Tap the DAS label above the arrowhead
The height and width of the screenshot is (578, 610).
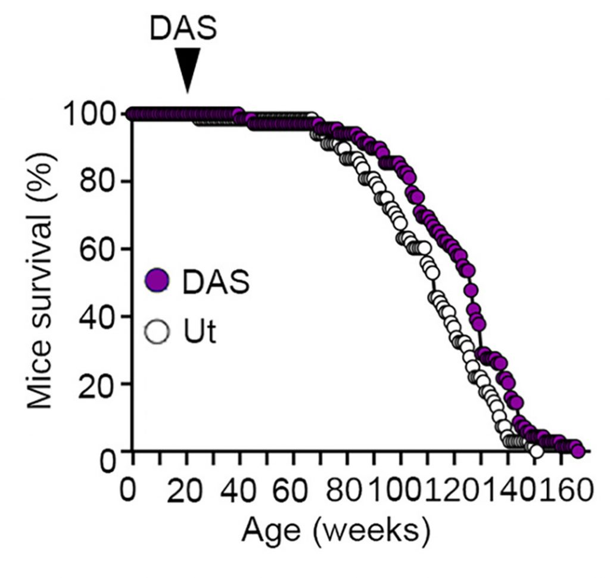(183, 28)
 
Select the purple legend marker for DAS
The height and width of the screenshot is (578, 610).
(157, 281)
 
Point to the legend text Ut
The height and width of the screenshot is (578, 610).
(198, 332)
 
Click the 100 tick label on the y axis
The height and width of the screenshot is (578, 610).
(87, 114)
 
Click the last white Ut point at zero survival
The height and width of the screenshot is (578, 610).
(536, 451)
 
